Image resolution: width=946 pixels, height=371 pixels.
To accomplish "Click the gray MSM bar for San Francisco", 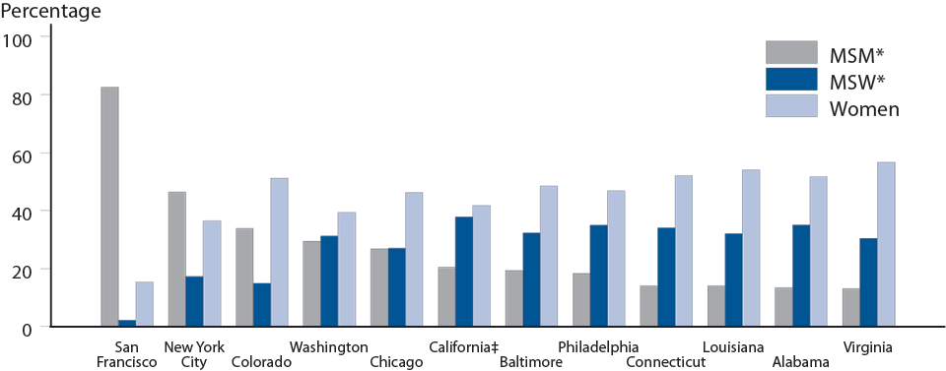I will [x=109, y=207].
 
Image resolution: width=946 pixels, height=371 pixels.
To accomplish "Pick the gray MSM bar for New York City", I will [x=176, y=259].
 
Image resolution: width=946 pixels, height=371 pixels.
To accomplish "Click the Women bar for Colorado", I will [x=279, y=252].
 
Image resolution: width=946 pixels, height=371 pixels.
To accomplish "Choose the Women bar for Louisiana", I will [x=751, y=248].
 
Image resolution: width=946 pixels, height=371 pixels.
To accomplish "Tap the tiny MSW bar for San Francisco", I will [x=127, y=323].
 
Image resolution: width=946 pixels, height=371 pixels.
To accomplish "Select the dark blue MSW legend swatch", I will [x=791, y=80].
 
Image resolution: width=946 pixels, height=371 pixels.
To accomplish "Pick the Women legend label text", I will [x=864, y=108].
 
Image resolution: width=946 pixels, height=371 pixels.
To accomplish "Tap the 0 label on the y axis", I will [x=27, y=327].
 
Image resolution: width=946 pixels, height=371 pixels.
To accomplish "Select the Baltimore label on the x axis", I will [x=532, y=361].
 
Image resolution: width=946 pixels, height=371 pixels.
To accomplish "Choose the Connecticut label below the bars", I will [x=665, y=361].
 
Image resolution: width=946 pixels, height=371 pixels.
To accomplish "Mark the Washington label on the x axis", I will [x=328, y=346].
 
